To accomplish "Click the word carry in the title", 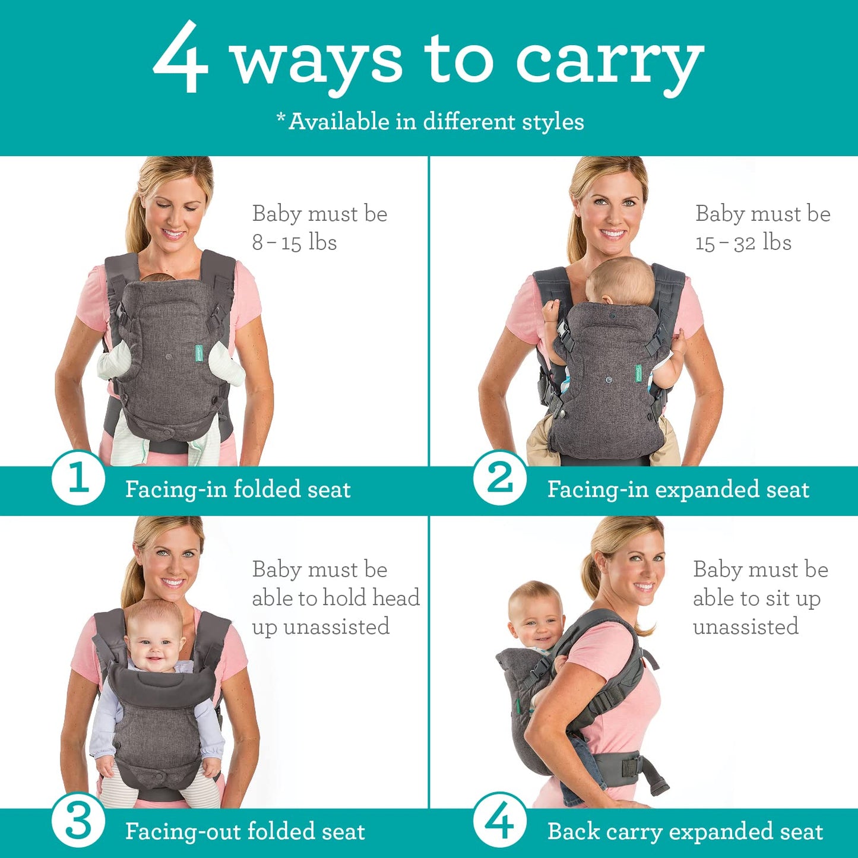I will (609, 62).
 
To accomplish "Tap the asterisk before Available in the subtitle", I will (281, 118).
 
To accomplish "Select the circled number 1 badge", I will (78, 478).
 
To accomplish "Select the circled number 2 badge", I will (500, 478).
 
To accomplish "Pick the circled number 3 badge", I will (78, 822).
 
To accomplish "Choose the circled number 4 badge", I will (500, 822).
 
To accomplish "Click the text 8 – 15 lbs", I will (295, 242).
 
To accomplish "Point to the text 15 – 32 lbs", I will (743, 242).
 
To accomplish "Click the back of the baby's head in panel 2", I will (620, 283).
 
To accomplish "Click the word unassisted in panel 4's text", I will (745, 626).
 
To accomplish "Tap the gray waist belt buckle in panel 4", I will (630, 766).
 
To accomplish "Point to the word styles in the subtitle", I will (553, 122).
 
